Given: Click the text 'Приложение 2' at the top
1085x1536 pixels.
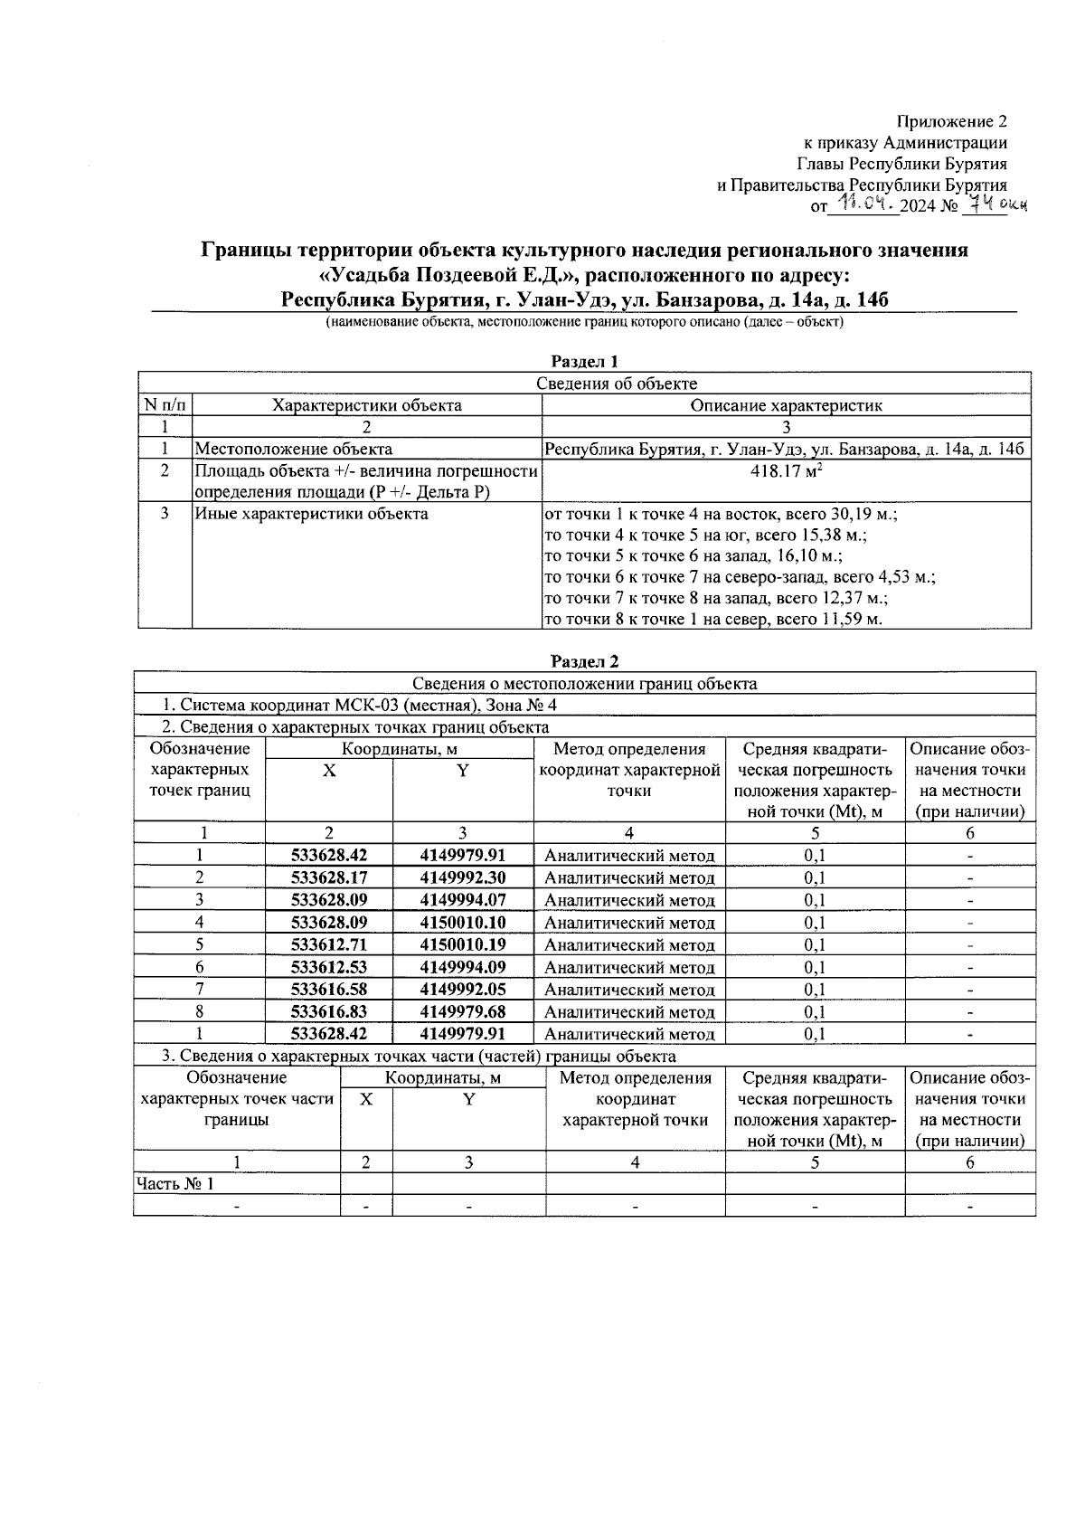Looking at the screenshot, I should click(950, 121).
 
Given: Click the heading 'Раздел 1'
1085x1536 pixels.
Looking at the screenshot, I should click(584, 362).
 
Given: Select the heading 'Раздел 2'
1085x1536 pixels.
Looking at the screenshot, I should click(584, 662).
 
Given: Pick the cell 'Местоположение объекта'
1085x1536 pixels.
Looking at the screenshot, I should click(294, 449).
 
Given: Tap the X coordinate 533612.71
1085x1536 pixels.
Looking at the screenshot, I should click(329, 944).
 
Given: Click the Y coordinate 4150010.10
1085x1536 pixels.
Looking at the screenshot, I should click(463, 923).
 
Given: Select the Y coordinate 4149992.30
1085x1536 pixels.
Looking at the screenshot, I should click(463, 877).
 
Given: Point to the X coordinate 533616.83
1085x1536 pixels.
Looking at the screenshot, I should click(329, 1011).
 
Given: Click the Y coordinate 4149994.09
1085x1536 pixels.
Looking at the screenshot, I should click(463, 967).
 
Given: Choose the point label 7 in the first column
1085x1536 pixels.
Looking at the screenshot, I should click(199, 990).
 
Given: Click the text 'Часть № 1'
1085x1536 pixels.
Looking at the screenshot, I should click(175, 1183).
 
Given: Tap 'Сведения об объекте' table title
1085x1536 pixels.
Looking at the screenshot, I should click(617, 384).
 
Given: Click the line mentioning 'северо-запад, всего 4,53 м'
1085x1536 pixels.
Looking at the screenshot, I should click(739, 577).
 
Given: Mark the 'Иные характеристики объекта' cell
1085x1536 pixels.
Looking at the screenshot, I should click(311, 515).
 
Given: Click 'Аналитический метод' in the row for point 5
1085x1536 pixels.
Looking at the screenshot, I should click(629, 945).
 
